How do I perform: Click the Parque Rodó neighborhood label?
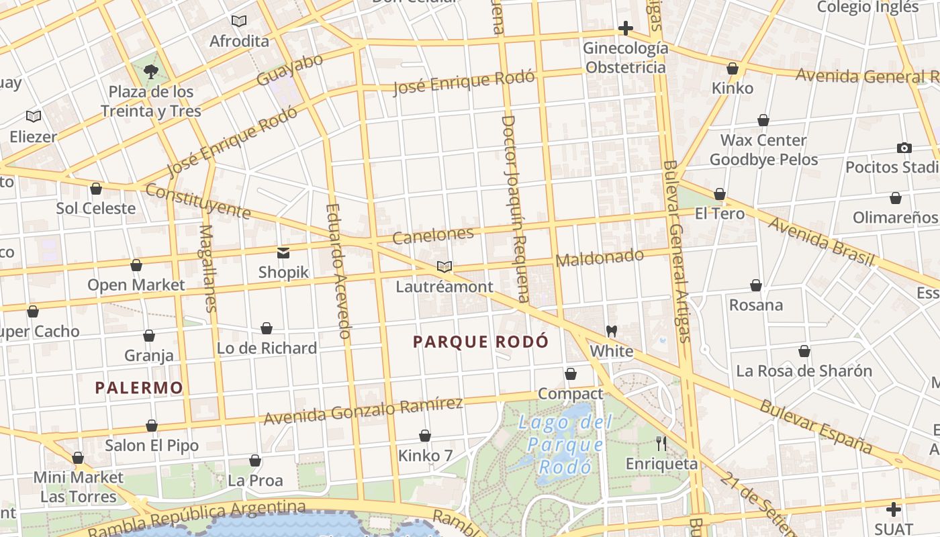pyautogui.click(x=480, y=342)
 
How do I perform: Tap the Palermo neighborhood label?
pyautogui.click(x=139, y=387)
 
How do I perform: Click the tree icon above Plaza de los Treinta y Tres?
pyautogui.click(x=151, y=72)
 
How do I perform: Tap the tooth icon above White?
pyautogui.click(x=611, y=331)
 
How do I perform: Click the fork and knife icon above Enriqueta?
pyautogui.click(x=661, y=443)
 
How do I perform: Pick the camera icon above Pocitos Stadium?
pyautogui.click(x=904, y=148)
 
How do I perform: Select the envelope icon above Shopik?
pyautogui.click(x=283, y=252)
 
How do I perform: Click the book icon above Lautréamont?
pyautogui.click(x=444, y=266)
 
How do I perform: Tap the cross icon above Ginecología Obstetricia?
pyautogui.click(x=625, y=28)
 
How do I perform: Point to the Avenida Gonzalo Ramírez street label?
pyautogui.click(x=363, y=411)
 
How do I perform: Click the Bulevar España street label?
pyautogui.click(x=815, y=426)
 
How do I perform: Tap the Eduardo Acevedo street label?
pyautogui.click(x=338, y=270)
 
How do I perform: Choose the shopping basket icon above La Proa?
pyautogui.click(x=255, y=460)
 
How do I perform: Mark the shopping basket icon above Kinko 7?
pyautogui.click(x=425, y=436)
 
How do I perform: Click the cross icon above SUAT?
pyautogui.click(x=893, y=509)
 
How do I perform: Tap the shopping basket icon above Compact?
pyautogui.click(x=571, y=374)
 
